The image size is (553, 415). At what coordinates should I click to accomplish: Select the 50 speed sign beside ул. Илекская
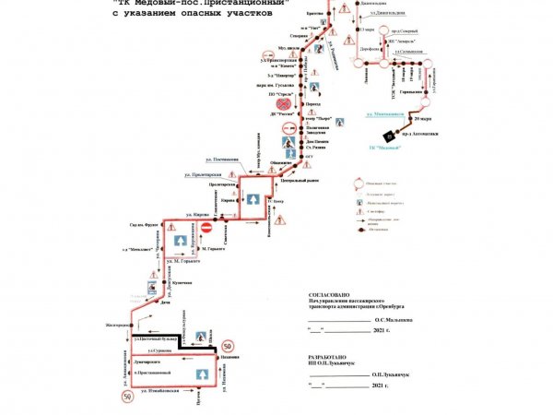coord(125,397)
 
